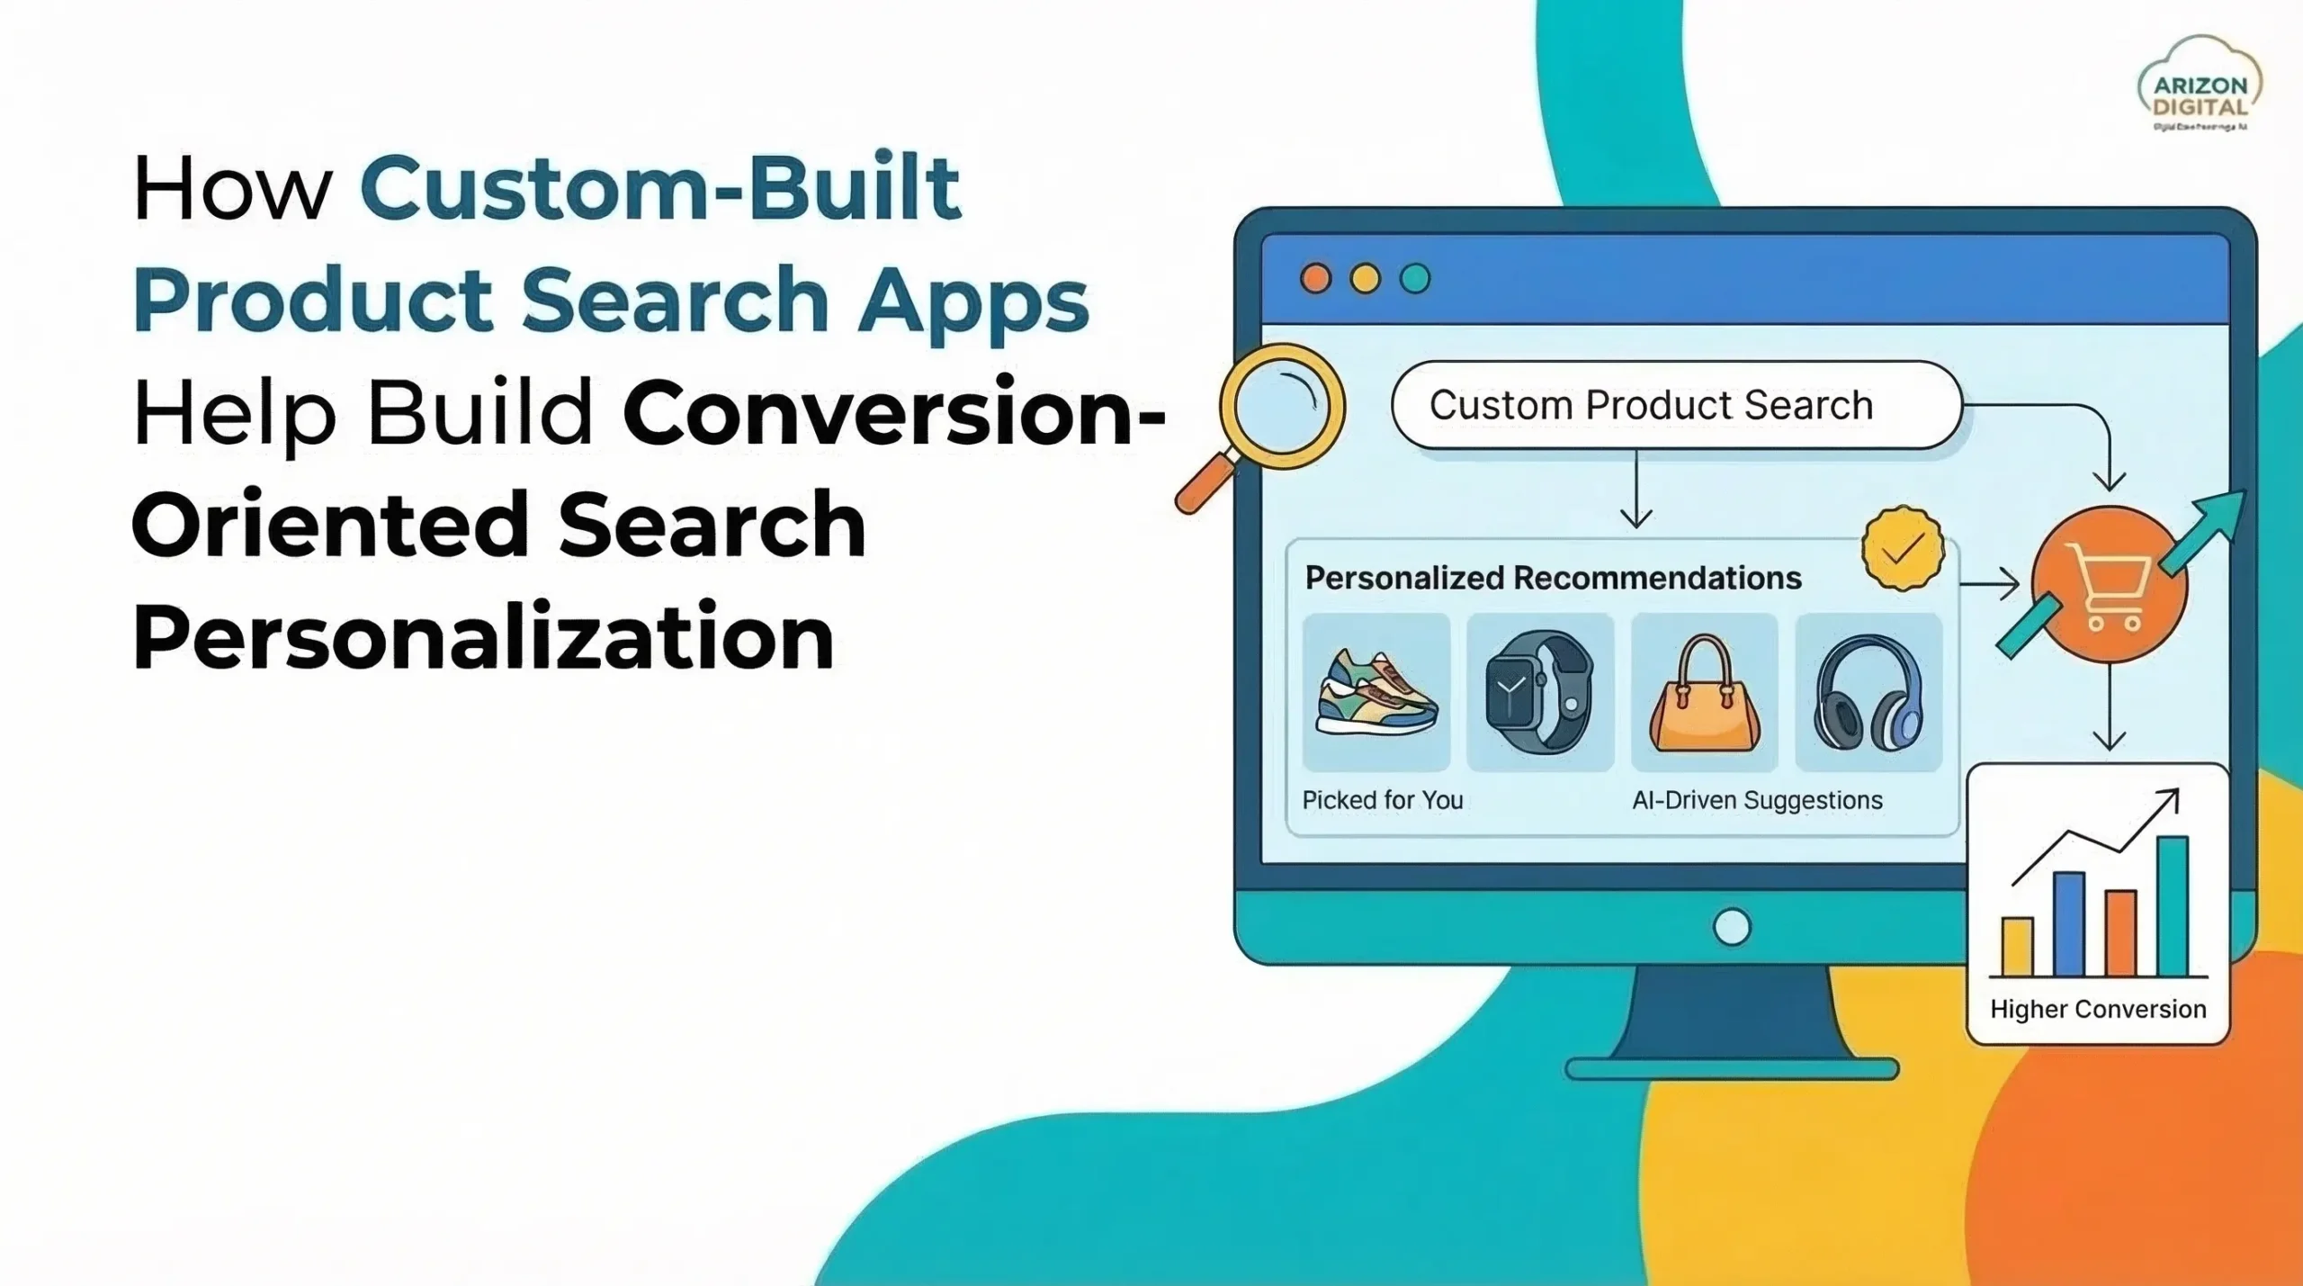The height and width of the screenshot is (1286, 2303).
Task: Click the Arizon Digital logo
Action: click(x=2200, y=85)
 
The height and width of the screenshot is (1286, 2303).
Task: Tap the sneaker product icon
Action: click(x=1376, y=692)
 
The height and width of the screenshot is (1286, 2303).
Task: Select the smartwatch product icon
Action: click(x=1539, y=691)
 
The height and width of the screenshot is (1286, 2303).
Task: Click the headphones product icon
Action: click(x=1868, y=693)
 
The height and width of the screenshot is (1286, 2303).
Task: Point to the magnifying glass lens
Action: click(x=1281, y=406)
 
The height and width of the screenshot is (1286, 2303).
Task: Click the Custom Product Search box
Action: click(x=1675, y=405)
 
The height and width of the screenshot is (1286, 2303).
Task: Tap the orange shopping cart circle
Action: click(x=2108, y=586)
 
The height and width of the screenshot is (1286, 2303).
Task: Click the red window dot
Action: click(x=1315, y=278)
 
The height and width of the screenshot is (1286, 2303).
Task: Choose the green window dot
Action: click(x=1415, y=278)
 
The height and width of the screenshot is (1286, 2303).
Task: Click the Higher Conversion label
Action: click(x=2098, y=1009)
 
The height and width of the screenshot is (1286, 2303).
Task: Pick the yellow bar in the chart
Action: click(x=2017, y=946)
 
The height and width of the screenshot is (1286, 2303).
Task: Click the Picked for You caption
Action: click(x=1383, y=800)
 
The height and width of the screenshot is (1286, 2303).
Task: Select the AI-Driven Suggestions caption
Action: click(x=1757, y=800)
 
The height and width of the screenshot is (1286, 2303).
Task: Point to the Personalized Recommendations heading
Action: click(x=1553, y=578)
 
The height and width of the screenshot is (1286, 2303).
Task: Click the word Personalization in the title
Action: click(x=483, y=637)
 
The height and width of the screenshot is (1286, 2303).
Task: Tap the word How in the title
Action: click(x=232, y=189)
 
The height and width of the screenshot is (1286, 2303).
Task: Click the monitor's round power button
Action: click(x=1732, y=927)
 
